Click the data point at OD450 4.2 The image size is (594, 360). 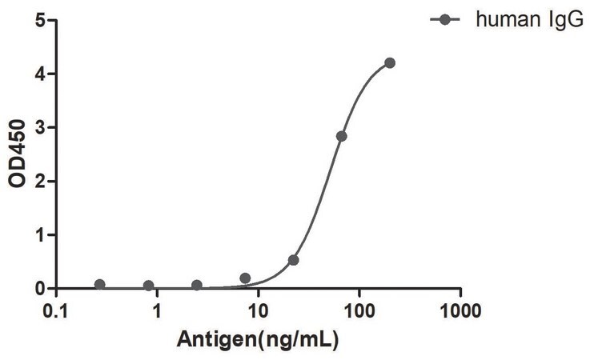pos(389,63)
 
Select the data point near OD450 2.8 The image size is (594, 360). pos(341,136)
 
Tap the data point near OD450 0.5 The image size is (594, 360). pos(293,260)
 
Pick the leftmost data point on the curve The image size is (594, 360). pos(99,284)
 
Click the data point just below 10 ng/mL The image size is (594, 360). pos(245,278)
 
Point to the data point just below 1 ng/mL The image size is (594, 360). pos(149,286)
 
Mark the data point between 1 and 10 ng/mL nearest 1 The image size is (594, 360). pos(197,285)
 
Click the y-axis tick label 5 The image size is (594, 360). pos(40,20)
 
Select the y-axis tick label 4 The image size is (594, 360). pos(40,74)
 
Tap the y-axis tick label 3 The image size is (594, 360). pos(40,127)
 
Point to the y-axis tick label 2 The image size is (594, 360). pos(40,182)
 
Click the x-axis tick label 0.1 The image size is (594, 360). pos(56,311)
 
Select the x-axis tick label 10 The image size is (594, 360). pos(259,311)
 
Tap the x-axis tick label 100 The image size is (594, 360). pos(359,311)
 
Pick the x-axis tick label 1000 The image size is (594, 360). pos(460,311)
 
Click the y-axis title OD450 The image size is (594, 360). pos(18,154)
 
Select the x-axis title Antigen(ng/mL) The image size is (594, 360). pos(258,339)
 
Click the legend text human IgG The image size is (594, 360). pos(530,19)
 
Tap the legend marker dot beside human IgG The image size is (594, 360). pos(445,19)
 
